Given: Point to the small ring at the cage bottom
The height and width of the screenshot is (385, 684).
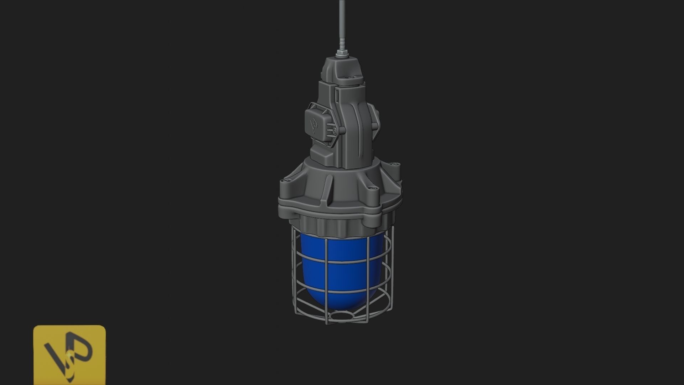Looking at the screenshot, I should pos(342,315).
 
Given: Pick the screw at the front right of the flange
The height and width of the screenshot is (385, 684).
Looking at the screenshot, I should pos(372,189).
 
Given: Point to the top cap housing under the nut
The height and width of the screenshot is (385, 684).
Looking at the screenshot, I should pos(342,71).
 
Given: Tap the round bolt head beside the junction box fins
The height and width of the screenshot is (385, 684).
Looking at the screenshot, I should pos(337,132).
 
